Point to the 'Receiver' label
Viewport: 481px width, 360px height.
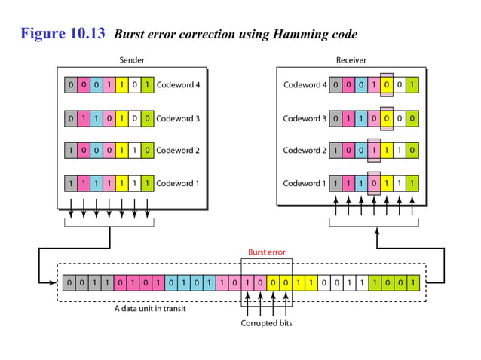pos(351,60)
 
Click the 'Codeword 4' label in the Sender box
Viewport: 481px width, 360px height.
pos(178,85)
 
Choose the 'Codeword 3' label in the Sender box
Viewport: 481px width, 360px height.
pos(178,118)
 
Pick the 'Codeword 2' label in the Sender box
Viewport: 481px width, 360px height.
pos(178,151)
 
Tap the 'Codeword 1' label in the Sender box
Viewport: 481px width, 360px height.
pos(178,183)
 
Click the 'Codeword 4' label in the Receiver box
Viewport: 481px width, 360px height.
pos(305,85)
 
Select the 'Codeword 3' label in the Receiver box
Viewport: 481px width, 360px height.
pos(305,118)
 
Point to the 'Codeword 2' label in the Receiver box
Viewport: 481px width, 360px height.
pos(305,151)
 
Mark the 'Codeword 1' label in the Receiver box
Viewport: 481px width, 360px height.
pos(305,183)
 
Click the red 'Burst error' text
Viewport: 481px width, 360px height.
pos(267,252)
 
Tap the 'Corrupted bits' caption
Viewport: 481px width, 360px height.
pos(267,323)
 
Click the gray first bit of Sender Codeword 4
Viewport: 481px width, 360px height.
pos(70,85)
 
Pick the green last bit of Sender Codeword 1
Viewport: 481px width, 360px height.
pos(148,183)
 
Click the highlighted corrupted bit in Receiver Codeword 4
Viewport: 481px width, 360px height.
pos(387,85)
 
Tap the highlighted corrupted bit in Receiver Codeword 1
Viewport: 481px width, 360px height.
pos(374,183)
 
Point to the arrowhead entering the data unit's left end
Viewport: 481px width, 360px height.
pos(54,283)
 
